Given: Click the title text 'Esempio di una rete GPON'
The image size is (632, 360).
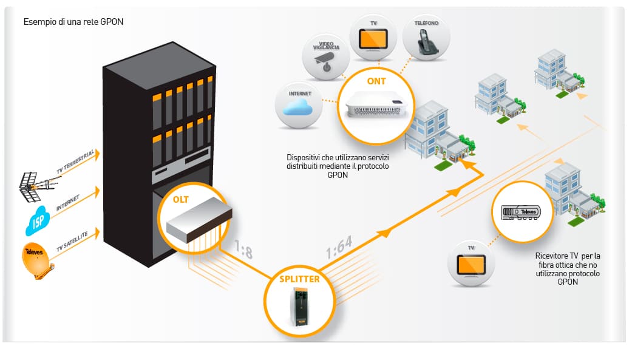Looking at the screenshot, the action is (73, 22).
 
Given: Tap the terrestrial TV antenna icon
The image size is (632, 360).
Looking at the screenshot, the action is (37, 186).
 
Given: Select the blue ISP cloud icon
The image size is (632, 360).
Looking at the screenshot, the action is (38, 220).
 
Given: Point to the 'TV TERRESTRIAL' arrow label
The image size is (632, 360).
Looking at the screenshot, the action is (75, 161).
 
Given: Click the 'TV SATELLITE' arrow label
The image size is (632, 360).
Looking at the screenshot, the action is (72, 242).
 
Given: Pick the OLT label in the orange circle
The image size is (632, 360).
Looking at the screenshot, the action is (180, 200).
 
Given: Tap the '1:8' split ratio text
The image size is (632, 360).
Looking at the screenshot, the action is (244, 249).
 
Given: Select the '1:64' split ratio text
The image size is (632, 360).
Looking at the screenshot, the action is (339, 247).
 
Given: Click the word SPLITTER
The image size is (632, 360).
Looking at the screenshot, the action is (299, 279).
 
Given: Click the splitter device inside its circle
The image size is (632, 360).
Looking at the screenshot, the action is (299, 307).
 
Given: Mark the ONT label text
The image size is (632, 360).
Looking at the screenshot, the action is (376, 81).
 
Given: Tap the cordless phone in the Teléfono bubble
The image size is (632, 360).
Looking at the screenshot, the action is (427, 42).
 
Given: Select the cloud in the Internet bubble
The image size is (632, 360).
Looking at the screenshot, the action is (298, 107).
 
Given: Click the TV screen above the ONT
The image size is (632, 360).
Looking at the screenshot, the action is (373, 39).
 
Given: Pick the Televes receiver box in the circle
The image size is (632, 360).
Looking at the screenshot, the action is (521, 212).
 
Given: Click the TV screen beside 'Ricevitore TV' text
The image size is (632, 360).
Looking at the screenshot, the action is (471, 265).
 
